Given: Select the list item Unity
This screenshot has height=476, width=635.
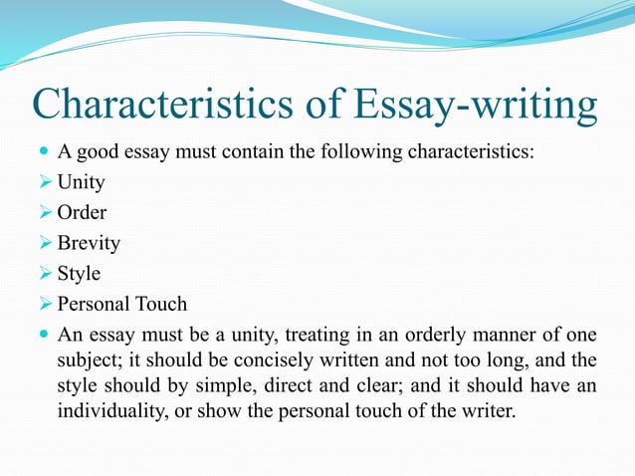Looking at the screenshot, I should [x=81, y=182].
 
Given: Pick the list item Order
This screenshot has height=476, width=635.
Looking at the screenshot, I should [x=82, y=212].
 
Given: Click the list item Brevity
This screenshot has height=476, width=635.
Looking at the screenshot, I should [x=88, y=243].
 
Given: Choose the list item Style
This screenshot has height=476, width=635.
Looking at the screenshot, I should [x=79, y=273].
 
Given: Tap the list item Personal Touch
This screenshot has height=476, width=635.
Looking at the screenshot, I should [x=121, y=304].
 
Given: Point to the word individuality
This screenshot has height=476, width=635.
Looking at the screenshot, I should [x=110, y=409].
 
